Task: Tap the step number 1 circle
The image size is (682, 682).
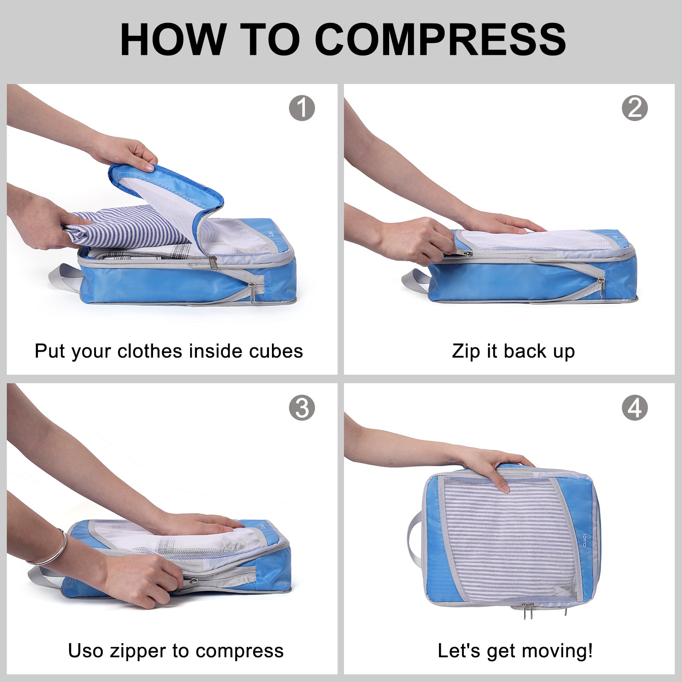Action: (x=302, y=108)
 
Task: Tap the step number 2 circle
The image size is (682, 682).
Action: (x=635, y=108)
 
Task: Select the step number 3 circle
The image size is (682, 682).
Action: (x=302, y=408)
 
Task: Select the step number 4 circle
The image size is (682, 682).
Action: (x=635, y=408)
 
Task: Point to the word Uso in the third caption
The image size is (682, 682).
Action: (x=85, y=651)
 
